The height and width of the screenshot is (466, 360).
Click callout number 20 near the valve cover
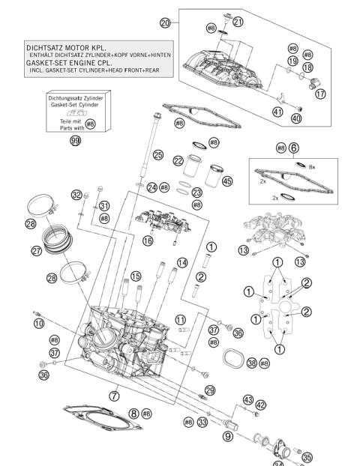click(166, 23)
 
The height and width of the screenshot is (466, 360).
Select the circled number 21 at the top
click(238, 22)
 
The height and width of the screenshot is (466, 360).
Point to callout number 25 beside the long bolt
click(158, 155)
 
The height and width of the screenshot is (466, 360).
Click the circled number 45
click(227, 181)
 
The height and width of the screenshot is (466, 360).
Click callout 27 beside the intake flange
click(37, 251)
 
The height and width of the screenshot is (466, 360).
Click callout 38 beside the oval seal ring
click(252, 363)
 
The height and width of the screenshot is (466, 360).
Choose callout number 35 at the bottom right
click(307, 456)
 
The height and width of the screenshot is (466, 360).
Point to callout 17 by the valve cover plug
click(320, 94)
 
